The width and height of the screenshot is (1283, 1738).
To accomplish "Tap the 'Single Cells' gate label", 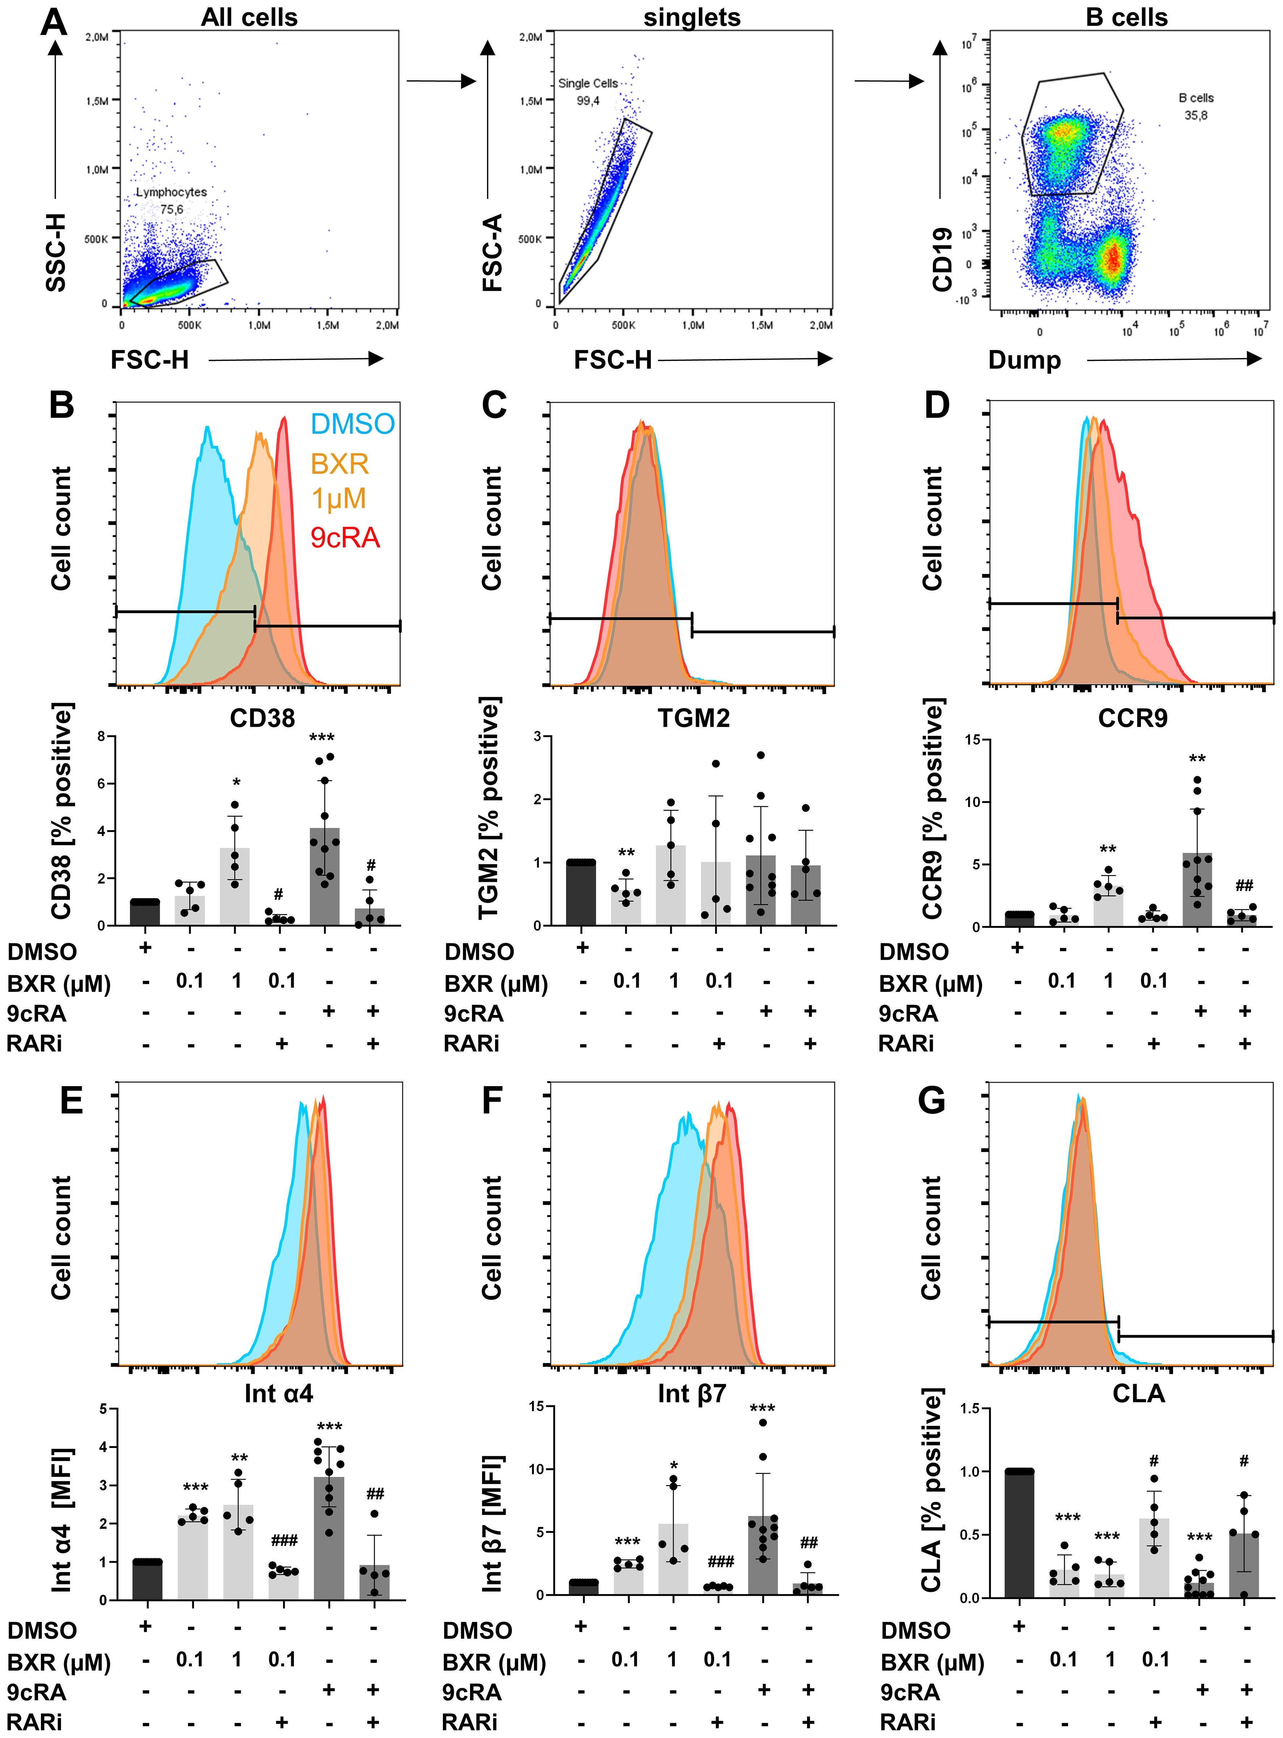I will [588, 83].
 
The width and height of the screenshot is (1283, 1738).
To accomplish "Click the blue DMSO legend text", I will [353, 424].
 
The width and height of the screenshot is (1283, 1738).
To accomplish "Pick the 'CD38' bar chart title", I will [262, 718].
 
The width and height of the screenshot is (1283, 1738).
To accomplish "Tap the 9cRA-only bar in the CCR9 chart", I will [1198, 889].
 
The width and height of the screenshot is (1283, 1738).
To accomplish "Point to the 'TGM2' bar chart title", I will [693, 718].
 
